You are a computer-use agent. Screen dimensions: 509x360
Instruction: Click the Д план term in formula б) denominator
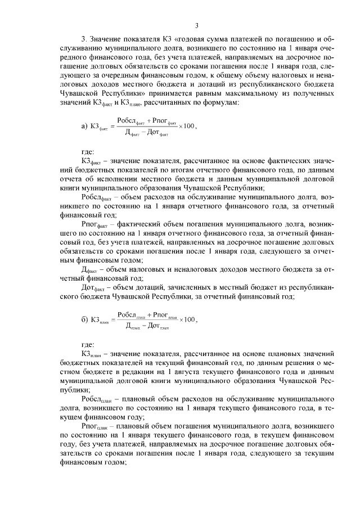[133, 327]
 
